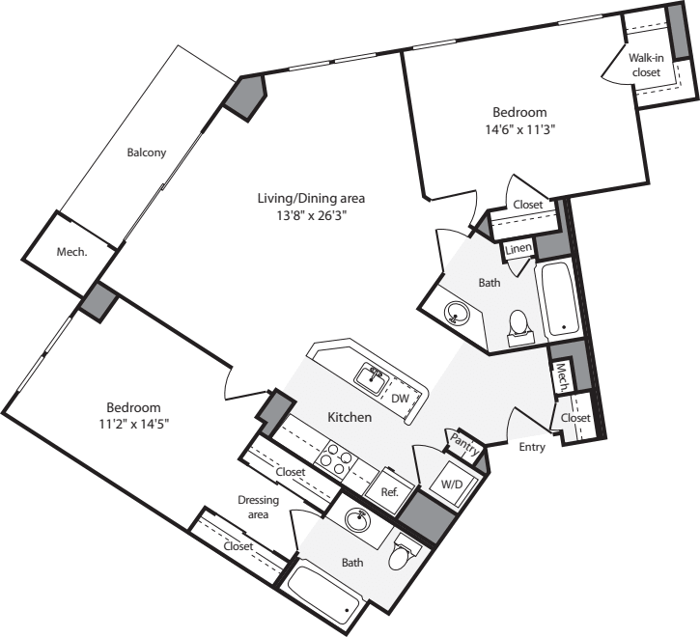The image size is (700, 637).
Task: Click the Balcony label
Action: (147, 152)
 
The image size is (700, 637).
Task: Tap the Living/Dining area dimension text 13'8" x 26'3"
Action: (312, 215)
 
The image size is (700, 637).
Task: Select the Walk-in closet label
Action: (646, 65)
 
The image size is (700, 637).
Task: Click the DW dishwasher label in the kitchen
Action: (400, 399)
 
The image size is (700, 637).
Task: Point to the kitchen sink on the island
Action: (372, 379)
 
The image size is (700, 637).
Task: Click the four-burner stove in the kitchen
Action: (336, 457)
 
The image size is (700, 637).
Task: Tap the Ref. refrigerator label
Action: (389, 492)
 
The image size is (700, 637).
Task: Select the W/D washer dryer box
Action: (452, 485)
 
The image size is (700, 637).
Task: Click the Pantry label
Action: (464, 445)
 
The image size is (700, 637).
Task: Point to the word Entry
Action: (532, 447)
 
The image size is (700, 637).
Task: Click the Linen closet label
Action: (518, 249)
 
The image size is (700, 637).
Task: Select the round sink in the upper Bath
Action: (457, 314)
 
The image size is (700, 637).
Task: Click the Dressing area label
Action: (258, 507)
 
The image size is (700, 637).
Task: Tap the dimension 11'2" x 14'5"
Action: (133, 424)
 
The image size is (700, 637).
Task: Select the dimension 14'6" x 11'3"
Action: (519, 130)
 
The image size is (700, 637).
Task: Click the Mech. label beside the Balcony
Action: (71, 252)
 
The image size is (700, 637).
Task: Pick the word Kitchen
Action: (350, 417)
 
